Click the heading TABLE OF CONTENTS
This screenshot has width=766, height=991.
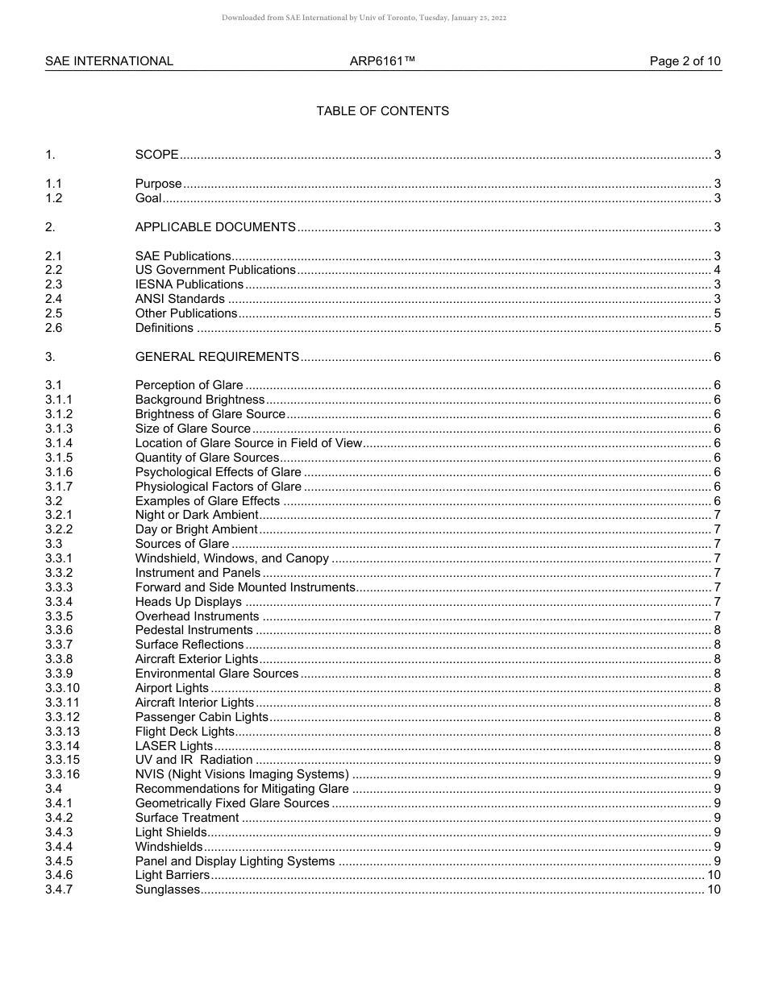click(382, 111)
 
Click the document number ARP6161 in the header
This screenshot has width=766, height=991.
click(382, 61)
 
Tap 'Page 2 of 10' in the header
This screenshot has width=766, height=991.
click(685, 61)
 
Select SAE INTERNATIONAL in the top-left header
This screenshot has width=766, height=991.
click(109, 61)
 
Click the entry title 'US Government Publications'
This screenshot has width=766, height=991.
click(215, 270)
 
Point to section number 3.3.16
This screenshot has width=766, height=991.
click(62, 774)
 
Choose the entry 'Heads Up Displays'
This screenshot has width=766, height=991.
click(188, 602)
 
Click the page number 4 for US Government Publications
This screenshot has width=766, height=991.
click(717, 270)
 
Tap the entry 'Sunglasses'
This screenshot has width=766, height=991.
click(167, 889)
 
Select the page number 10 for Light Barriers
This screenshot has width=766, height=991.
click(714, 875)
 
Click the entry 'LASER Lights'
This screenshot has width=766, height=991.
click(173, 746)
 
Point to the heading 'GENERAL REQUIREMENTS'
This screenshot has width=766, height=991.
click(217, 357)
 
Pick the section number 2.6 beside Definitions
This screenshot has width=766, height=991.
click(53, 328)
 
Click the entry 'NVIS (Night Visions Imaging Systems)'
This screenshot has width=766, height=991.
click(242, 774)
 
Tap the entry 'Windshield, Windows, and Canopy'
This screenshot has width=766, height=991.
click(232, 558)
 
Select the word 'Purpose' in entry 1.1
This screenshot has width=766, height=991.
click(158, 185)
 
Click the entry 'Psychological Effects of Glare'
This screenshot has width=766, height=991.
click(218, 472)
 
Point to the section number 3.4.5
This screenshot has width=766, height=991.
click(59, 861)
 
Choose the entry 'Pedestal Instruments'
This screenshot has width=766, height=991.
click(194, 630)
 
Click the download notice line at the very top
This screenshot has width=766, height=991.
click(364, 18)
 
